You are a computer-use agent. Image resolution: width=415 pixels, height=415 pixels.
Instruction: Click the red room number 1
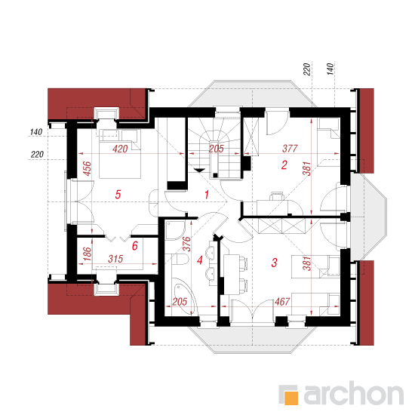207,195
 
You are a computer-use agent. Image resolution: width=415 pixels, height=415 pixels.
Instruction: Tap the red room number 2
284,165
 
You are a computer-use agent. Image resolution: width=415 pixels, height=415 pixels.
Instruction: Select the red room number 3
275,263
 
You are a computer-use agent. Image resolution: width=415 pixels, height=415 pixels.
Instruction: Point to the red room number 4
200,260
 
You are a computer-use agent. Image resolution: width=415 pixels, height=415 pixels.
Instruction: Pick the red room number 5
118,195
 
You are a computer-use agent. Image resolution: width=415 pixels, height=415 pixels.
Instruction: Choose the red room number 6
135,246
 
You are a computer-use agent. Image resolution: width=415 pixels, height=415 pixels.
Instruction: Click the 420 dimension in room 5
120,149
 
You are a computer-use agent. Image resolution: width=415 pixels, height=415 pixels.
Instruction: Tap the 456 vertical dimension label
87,168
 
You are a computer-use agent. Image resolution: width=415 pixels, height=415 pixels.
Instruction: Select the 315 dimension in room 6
115,259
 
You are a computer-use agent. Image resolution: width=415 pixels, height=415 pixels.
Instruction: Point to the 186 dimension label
87,254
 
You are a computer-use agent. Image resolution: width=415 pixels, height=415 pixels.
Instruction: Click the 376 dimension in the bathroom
186,244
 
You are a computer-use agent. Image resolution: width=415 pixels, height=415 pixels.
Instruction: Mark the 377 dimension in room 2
290,149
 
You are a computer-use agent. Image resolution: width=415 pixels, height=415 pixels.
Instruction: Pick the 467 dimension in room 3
282,302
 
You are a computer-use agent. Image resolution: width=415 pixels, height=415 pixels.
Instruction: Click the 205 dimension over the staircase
217,149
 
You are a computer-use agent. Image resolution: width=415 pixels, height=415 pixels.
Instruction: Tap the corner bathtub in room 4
184,296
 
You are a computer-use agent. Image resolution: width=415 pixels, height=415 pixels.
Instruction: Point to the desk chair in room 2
277,196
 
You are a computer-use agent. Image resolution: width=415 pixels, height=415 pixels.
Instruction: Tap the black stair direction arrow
199,170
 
